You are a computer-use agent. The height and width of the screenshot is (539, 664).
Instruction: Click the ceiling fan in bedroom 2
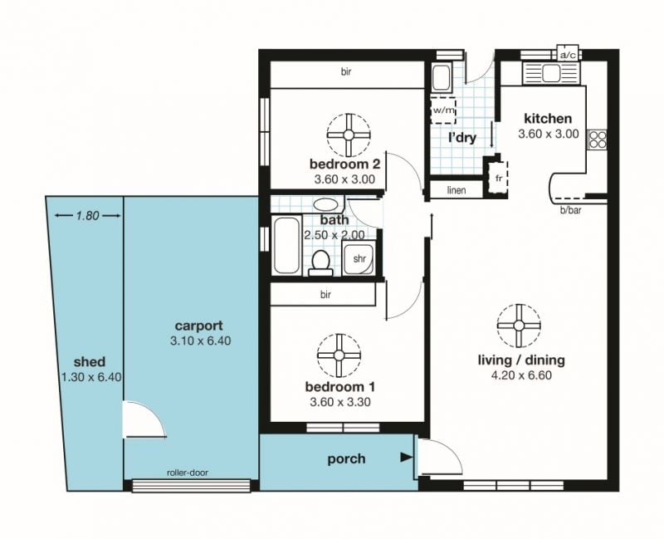pyautogui.click(x=349, y=135)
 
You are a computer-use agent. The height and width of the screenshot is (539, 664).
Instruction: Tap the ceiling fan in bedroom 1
pyautogui.click(x=339, y=355)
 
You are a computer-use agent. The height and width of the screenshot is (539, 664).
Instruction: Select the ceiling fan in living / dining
pyautogui.click(x=519, y=326)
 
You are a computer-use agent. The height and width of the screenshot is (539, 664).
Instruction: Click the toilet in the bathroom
pyautogui.click(x=320, y=263)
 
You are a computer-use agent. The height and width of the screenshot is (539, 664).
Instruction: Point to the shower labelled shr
pyautogui.click(x=359, y=258)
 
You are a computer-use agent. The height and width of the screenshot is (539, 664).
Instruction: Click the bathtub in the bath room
pyautogui.click(x=286, y=245)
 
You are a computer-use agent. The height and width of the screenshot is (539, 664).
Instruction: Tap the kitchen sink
pyautogui.click(x=551, y=73)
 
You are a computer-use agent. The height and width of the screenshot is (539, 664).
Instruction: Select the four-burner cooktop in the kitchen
pyautogui.click(x=598, y=140)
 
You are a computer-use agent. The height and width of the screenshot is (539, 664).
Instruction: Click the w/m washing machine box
pyautogui.click(x=443, y=110)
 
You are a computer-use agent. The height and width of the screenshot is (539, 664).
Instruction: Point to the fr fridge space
pyautogui.click(x=499, y=179)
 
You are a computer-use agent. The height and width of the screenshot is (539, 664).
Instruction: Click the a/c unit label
pyautogui.click(x=568, y=55)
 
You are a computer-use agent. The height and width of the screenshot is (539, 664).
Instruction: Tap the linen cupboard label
pyautogui.click(x=456, y=190)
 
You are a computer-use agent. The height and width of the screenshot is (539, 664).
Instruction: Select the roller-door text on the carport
pyautogui.click(x=188, y=473)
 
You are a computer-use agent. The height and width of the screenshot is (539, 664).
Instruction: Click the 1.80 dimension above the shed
pyautogui.click(x=88, y=216)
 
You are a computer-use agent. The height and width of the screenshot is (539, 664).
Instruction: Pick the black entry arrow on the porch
pyautogui.click(x=407, y=458)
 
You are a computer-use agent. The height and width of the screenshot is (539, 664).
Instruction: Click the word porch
pyautogui.click(x=346, y=459)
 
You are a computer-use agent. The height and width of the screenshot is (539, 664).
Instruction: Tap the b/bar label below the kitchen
pyautogui.click(x=570, y=210)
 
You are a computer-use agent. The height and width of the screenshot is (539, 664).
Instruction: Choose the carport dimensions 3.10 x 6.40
pyautogui.click(x=200, y=341)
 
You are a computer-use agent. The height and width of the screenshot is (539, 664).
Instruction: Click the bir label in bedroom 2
pyautogui.click(x=346, y=71)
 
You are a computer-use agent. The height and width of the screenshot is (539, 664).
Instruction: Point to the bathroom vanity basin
pyautogui.click(x=325, y=204)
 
